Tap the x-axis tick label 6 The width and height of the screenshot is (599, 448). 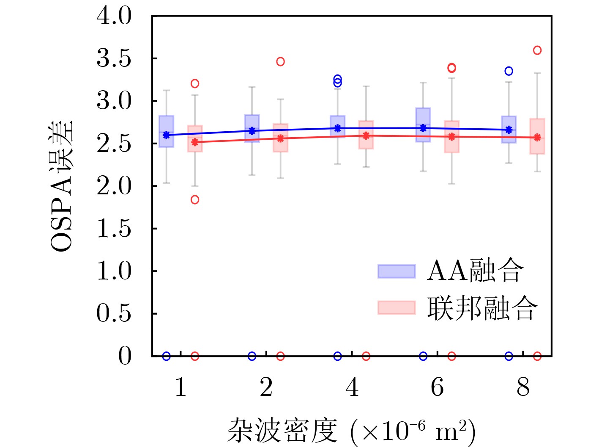pos(437,387)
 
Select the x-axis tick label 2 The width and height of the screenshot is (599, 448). pos(266,387)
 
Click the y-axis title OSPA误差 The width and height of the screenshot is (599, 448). pos(62,186)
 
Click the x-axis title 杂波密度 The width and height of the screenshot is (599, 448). pos(282,431)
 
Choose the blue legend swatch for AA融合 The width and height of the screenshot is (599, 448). pos(397,271)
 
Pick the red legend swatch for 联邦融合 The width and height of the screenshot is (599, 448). pos(397,308)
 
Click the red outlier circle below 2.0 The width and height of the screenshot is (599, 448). pos(195,199)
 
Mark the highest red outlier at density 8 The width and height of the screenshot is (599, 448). pos(537,50)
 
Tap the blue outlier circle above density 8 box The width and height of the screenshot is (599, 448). pos(509,71)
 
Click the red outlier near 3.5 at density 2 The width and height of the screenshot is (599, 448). pos(280,61)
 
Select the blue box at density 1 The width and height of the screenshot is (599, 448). pos(166,131)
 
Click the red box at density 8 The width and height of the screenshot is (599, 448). pos(537,136)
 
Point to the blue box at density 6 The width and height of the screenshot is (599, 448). pos(423,124)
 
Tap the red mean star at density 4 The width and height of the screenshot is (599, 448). pos(366,136)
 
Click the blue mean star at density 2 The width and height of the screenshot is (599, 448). pos(252,131)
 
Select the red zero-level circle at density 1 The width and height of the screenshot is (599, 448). pos(195,356)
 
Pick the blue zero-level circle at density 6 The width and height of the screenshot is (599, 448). pos(423,356)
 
